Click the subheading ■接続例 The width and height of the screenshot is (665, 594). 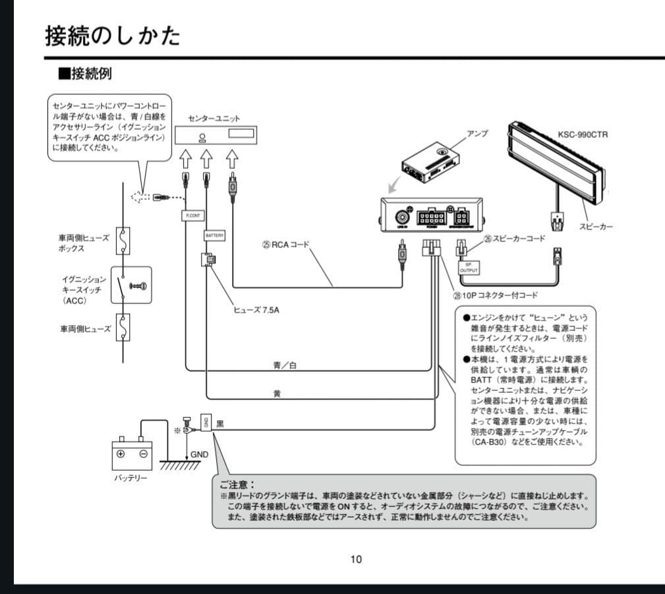(85, 73)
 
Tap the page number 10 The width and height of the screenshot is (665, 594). (356, 560)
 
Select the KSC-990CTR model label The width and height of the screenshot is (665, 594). (583, 134)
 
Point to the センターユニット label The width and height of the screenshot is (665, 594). (214, 118)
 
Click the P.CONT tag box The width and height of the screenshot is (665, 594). (194, 215)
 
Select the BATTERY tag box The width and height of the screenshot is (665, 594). (215, 235)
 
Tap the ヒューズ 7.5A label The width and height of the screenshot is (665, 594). (256, 310)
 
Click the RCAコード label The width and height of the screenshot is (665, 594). (285, 245)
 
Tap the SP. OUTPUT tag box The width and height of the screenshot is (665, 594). (469, 267)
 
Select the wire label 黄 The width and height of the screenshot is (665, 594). (277, 393)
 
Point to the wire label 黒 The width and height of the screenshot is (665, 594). (221, 424)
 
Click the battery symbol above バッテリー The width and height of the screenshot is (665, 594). (132, 453)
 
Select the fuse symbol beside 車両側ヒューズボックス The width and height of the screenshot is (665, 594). (123, 241)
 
